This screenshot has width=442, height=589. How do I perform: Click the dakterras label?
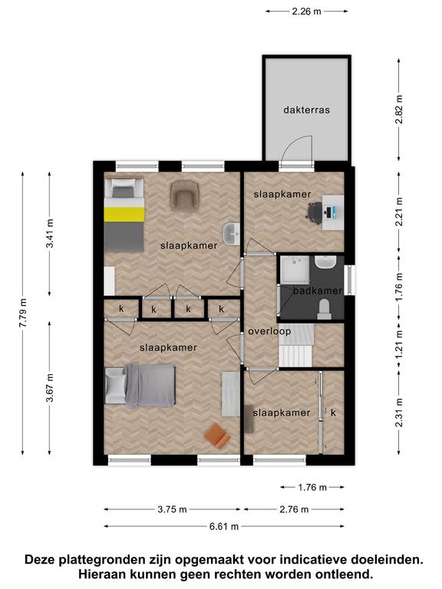306,110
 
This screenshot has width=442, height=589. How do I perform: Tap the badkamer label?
318,291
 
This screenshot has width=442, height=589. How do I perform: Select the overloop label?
269,331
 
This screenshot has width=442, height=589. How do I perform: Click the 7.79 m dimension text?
23,313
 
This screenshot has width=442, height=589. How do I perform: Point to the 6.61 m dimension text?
224,526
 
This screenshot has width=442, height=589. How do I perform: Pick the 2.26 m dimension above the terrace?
307,12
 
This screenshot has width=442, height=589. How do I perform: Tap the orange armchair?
217,436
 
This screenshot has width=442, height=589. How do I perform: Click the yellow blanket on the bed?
124,214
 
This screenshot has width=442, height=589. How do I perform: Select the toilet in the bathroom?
324,309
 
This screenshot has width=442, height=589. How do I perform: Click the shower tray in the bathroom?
295,270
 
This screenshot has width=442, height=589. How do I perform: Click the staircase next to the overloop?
296,345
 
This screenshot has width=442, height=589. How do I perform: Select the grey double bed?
140,386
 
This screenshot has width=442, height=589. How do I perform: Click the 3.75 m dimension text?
172,509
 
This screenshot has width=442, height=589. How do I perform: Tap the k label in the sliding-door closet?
333,413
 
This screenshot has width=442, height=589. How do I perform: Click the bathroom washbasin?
325,262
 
